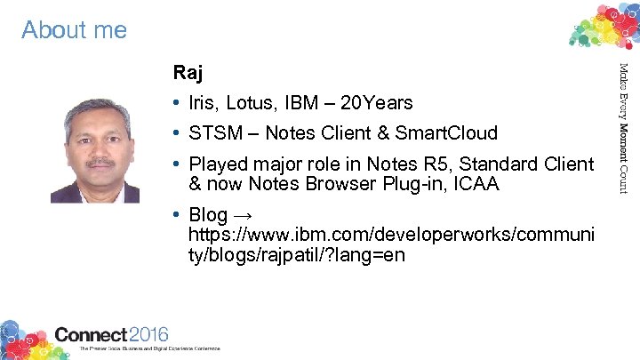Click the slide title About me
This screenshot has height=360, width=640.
click(75, 30)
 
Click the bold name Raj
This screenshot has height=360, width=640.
click(188, 72)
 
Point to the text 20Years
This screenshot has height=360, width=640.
click(382, 103)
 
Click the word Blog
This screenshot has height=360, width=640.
click(209, 217)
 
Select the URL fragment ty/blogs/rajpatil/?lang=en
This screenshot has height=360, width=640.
click(297, 255)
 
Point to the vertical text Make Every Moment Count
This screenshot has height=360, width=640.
click(624, 129)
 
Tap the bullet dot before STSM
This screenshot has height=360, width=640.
click(179, 134)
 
